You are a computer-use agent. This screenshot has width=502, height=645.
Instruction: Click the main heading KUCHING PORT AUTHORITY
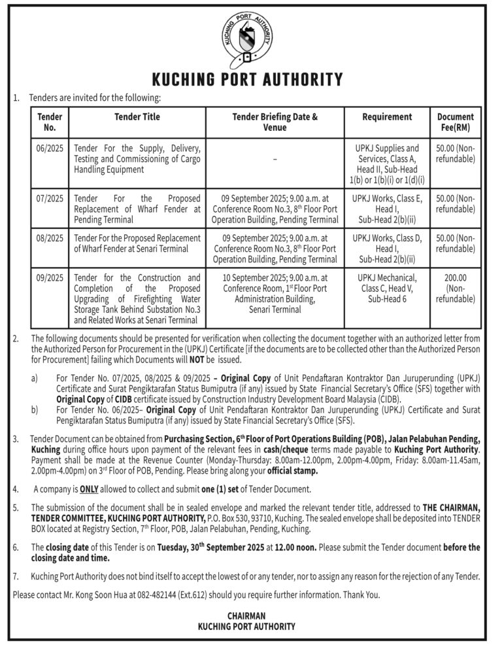pyautogui.click(x=247, y=80)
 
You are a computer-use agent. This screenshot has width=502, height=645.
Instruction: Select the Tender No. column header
pyautogui.click(x=50, y=122)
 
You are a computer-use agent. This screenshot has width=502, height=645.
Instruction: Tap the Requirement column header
pyautogui.click(x=387, y=116)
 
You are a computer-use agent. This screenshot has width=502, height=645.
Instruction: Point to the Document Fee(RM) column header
pyautogui.click(x=455, y=122)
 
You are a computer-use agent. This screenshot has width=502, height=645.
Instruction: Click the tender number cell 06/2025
pyautogui.click(x=50, y=148)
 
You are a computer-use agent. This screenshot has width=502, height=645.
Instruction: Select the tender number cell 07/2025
pyautogui.click(x=50, y=197)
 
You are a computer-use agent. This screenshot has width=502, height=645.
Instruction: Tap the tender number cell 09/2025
pyautogui.click(x=50, y=278)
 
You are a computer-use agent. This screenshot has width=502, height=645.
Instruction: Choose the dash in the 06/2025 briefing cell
pyautogui.click(x=275, y=159)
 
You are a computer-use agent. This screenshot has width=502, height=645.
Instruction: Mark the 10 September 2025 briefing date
pyautogui.click(x=252, y=278)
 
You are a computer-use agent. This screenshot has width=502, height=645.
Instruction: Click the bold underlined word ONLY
pyautogui.click(x=89, y=489)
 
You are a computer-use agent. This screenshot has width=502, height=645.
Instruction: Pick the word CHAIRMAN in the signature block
pyautogui.click(x=246, y=616)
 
